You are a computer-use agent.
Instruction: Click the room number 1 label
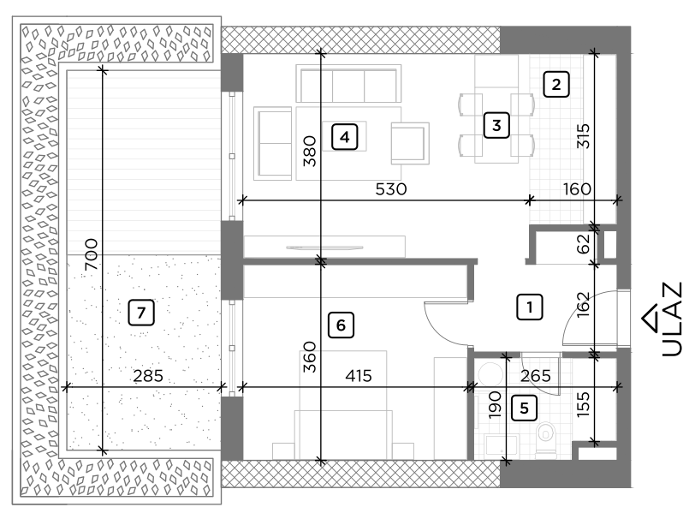pos(530,307)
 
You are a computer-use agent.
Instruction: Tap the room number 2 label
pos(556,85)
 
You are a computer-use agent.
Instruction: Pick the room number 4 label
pos(343,136)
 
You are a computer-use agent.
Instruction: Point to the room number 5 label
pos(524,408)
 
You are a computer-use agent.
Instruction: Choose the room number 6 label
pos(340,325)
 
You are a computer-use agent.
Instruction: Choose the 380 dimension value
pos(310,151)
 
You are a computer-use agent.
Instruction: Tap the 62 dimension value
pos(584,243)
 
